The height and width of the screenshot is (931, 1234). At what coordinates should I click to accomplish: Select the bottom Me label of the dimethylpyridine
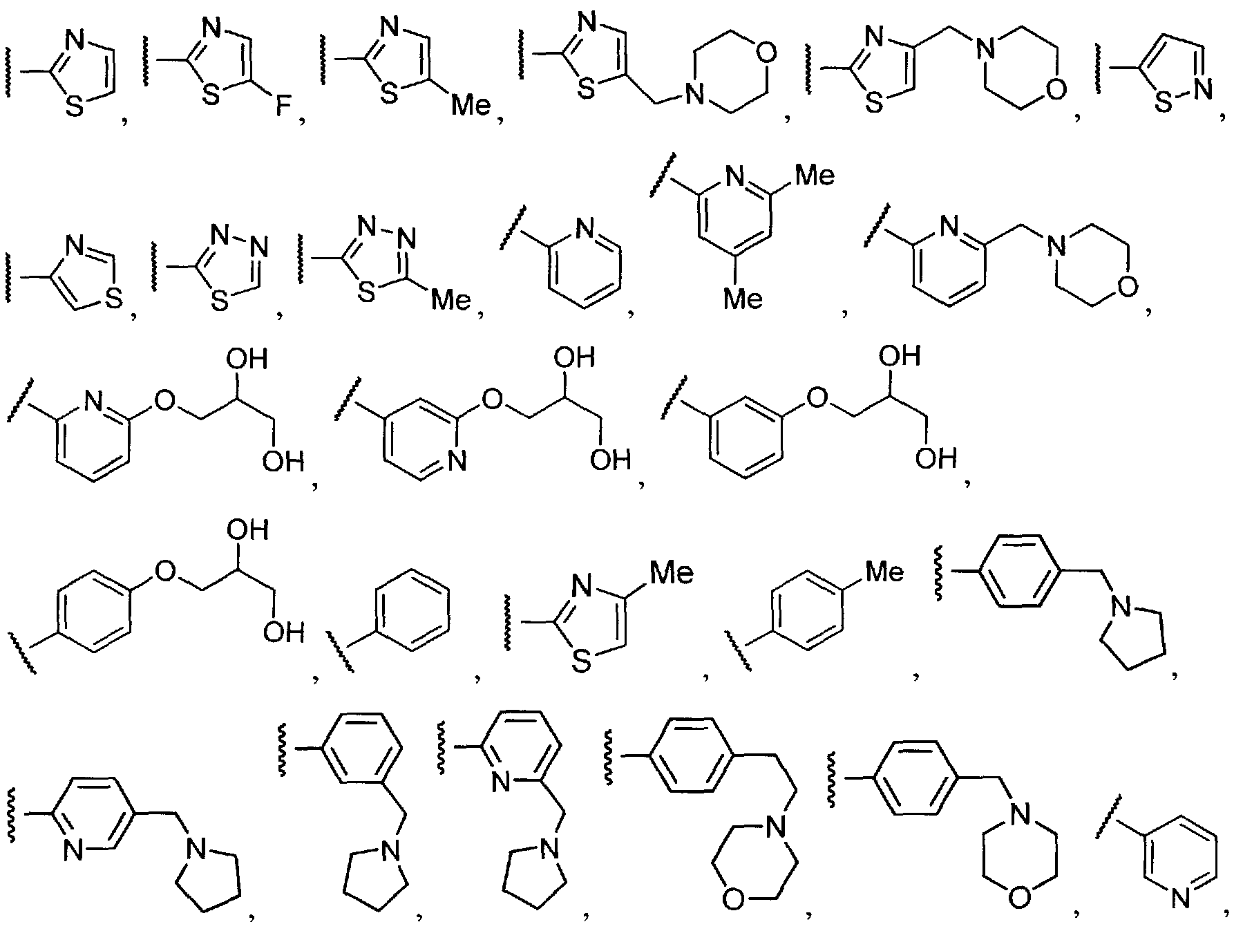(x=743, y=299)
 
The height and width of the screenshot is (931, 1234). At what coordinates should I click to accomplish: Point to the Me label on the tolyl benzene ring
(x=884, y=572)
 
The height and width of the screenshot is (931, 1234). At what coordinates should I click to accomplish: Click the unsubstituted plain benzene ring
(x=412, y=610)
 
